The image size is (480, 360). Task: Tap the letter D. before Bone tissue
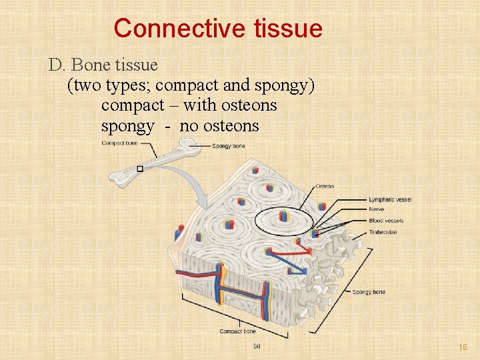[x=56, y=65]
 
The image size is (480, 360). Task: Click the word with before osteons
[x=200, y=105]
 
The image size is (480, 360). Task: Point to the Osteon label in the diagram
[x=325, y=186]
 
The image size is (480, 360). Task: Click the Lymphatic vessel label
[x=390, y=199]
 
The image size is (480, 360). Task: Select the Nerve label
[x=377, y=210]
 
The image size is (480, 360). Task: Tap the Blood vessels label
[x=386, y=221]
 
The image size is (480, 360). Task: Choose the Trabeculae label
[x=383, y=232]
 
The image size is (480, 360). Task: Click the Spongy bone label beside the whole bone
[x=229, y=145]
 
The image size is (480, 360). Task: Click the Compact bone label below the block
[x=238, y=331]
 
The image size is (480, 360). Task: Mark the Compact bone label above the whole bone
[x=120, y=143]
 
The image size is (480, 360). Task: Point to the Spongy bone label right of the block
[x=369, y=292]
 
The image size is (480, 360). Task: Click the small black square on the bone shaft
[x=139, y=169]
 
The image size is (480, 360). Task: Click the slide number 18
[x=463, y=347]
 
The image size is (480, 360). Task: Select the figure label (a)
[x=257, y=346]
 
